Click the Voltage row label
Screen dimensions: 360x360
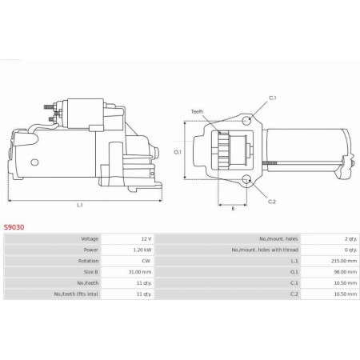point(90,239)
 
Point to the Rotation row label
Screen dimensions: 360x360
point(89,260)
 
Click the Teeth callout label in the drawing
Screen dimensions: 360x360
point(197,111)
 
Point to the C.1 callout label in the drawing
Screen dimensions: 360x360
point(273,98)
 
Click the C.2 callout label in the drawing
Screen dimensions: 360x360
point(273,202)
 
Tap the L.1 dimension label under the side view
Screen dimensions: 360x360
point(79,206)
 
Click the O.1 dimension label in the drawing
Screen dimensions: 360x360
point(178,150)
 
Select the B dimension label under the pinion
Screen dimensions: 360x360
point(232,208)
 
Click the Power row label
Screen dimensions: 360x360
point(90,250)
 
